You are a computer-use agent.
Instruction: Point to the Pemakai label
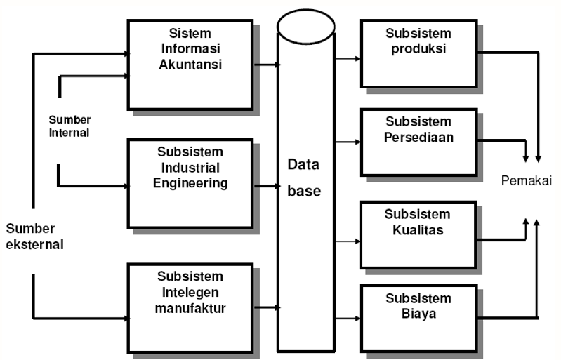(525, 181)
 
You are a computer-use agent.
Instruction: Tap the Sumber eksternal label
(34, 236)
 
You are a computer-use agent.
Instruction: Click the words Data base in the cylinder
(304, 178)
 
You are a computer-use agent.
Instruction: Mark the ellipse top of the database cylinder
(304, 26)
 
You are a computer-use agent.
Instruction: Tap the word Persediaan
(419, 137)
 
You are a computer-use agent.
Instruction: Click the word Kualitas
(419, 229)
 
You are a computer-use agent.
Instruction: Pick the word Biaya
(419, 314)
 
